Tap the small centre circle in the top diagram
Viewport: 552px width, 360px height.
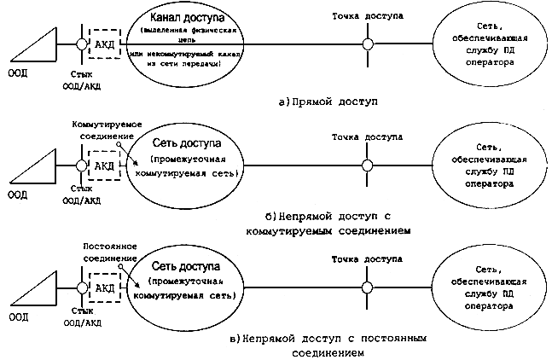click(366, 44)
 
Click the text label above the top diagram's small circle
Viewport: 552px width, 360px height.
click(368, 16)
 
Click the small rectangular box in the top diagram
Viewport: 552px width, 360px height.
click(103, 43)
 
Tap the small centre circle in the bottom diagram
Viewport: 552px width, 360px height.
click(366, 287)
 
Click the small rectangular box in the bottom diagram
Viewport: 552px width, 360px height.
click(103, 290)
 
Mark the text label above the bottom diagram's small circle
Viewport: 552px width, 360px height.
click(367, 257)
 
